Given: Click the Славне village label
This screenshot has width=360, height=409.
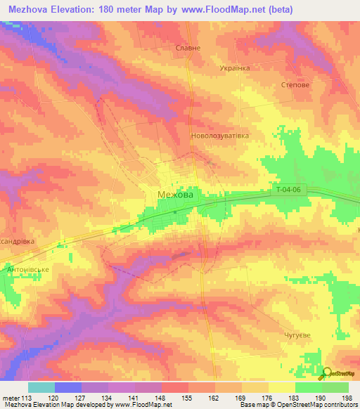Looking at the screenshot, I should (x=188, y=48).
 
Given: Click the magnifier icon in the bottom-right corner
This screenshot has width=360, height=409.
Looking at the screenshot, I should (x=327, y=373).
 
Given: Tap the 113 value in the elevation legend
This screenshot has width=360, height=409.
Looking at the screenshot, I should (x=26, y=398).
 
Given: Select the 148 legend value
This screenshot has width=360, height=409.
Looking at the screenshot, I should (x=161, y=398).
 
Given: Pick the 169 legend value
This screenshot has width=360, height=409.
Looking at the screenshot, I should (x=242, y=398).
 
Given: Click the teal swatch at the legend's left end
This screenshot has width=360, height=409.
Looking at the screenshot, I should (x=41, y=387).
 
